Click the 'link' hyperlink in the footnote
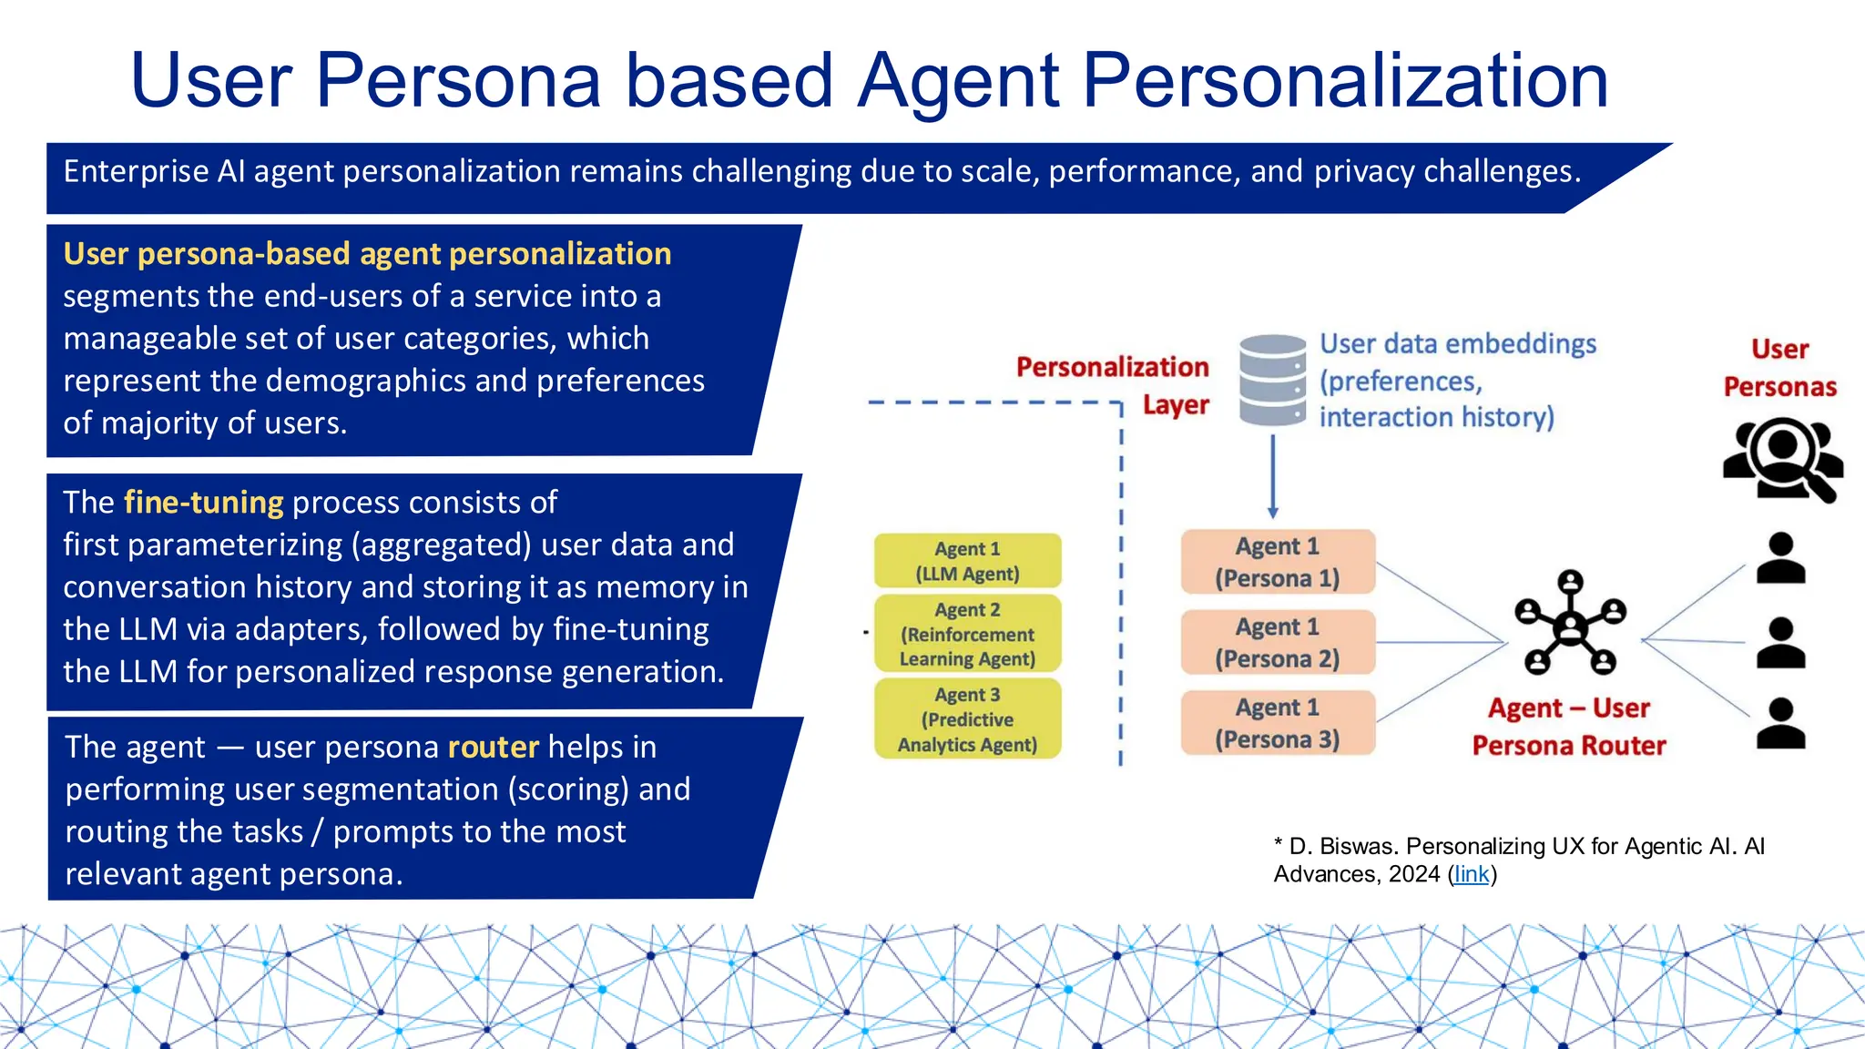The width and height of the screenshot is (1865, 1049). pos(1472,874)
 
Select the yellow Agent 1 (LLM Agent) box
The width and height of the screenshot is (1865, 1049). pos(967,561)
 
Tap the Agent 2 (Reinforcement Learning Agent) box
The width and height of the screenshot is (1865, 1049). pos(967,634)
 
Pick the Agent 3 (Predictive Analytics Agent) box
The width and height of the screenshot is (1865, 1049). pos(967,719)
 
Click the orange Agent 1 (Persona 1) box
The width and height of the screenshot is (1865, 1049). pos(1278,562)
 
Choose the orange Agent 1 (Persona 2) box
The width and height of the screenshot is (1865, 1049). pos(1278,642)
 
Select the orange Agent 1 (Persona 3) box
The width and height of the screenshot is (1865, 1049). pos(1278,723)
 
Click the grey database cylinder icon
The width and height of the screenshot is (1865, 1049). pos(1273,380)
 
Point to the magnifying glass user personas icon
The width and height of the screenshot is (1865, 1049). pos(1783,458)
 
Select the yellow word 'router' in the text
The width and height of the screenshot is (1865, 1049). pos(494,748)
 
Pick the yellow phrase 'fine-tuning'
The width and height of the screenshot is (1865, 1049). pos(204,503)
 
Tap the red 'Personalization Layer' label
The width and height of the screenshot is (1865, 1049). pos(1113,385)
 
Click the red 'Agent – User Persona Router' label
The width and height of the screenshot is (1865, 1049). pos(1569,727)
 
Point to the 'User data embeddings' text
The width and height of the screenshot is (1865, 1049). pos(1458,344)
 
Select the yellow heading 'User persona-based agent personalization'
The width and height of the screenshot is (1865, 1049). pos(367,254)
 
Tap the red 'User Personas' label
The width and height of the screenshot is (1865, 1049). pos(1779,368)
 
